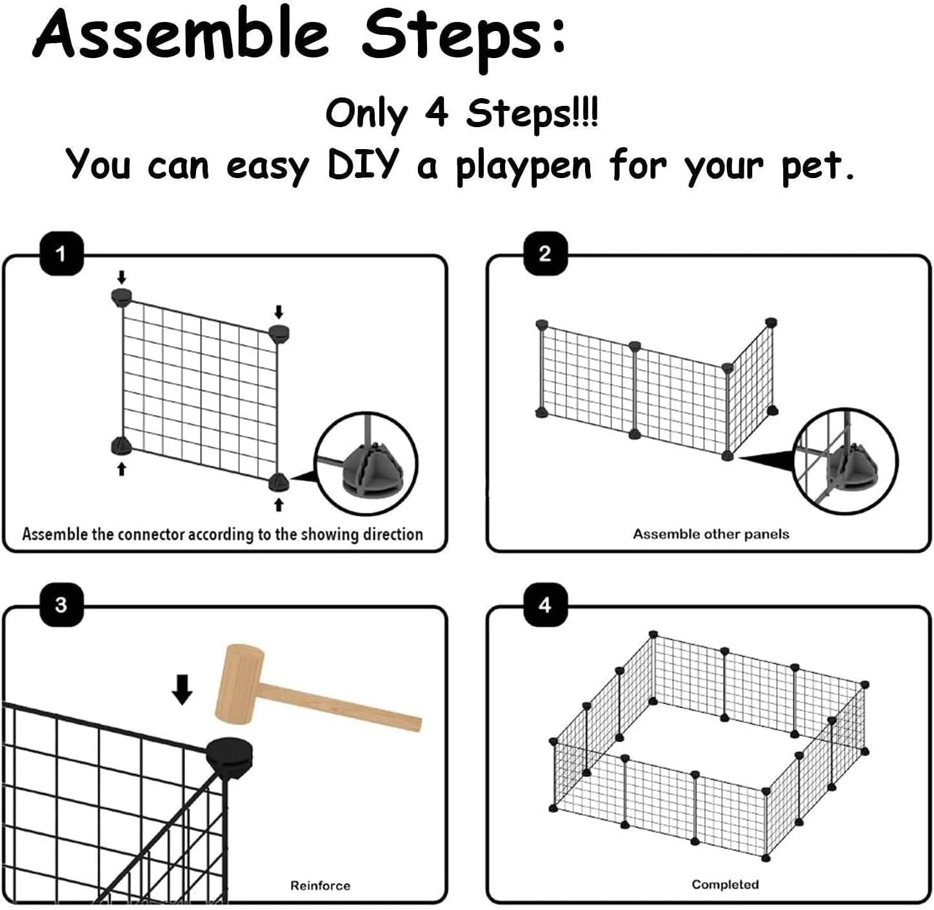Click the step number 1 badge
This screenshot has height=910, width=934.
[61, 253]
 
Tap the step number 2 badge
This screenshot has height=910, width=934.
[545, 253]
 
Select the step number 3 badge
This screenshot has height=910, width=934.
[61, 604]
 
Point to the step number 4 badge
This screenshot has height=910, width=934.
[545, 604]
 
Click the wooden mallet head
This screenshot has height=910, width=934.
[239, 684]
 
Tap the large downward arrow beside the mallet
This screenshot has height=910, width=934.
[182, 689]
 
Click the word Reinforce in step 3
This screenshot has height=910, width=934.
[320, 885]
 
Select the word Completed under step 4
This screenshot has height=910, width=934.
[725, 885]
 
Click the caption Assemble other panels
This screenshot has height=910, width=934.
[711, 534]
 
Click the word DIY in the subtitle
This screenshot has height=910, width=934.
[363, 165]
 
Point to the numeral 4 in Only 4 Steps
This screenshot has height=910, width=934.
[436, 114]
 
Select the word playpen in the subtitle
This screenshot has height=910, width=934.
[524, 168]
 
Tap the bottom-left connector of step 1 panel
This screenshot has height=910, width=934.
[121, 447]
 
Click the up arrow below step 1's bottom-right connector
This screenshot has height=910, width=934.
[279, 505]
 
